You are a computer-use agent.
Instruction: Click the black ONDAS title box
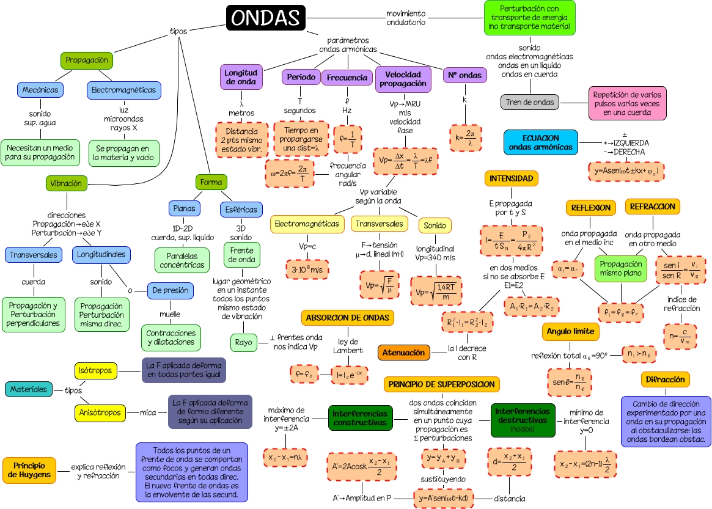click(265, 18)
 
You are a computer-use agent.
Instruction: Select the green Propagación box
click(87, 60)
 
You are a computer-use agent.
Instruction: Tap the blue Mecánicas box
click(40, 90)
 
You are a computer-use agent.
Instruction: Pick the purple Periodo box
click(301, 77)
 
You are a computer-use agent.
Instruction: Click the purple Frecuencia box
click(347, 78)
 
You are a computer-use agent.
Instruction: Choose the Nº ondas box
click(465, 75)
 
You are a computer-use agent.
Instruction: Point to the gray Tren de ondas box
click(530, 102)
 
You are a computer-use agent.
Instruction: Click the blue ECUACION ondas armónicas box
click(541, 142)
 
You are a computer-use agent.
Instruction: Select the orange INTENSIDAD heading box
click(512, 178)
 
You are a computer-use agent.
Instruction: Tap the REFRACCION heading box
click(652, 207)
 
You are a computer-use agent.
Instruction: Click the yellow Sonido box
click(435, 225)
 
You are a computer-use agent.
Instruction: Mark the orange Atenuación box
click(403, 353)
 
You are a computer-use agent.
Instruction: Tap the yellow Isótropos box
click(96, 370)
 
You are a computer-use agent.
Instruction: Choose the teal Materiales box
click(28, 389)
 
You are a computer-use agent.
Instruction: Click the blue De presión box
click(171, 290)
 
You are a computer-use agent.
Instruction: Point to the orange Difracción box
click(665, 379)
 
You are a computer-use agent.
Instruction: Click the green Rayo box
click(243, 342)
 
